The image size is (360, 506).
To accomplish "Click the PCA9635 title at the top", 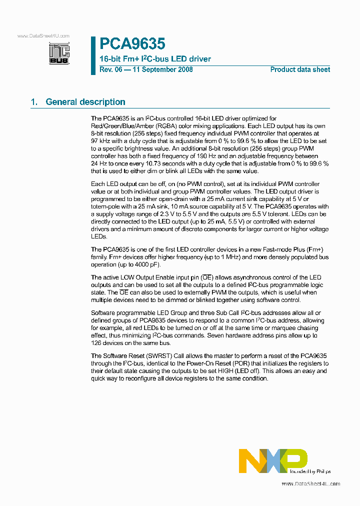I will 132,44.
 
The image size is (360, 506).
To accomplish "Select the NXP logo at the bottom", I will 273,460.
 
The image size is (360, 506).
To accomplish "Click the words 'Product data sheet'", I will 300,69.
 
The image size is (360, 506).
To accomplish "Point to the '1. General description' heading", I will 78,102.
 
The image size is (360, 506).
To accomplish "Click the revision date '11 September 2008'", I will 162,69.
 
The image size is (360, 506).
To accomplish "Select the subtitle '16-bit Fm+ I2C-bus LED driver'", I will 155,59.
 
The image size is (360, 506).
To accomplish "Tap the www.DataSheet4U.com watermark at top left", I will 43,36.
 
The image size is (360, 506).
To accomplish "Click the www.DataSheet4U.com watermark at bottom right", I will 310,484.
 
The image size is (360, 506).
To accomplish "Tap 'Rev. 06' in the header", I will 110,69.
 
